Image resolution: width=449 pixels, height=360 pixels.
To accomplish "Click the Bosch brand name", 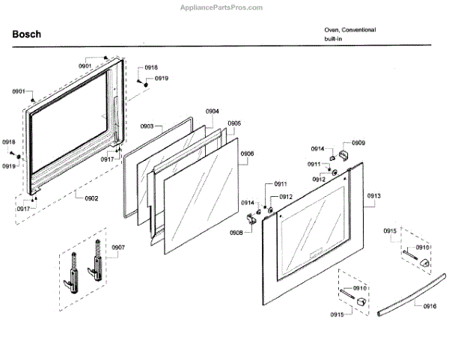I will [27, 34].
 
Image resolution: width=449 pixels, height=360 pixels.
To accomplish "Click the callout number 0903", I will [147, 126].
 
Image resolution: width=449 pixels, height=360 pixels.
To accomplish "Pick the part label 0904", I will [213, 112].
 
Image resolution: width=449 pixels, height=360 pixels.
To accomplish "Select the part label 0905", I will [234, 123].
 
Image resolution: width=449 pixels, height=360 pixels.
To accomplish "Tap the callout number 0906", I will [247, 153].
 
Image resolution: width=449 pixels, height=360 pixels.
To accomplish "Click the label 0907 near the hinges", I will [119, 247].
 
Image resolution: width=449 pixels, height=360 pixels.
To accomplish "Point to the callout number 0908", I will [236, 234].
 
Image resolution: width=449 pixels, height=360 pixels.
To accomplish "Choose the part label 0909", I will [359, 142].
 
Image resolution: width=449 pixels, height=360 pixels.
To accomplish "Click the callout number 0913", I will [374, 195].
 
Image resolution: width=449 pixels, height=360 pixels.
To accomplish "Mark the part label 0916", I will [430, 307].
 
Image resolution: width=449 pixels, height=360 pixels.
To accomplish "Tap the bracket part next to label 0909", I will [345, 153].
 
